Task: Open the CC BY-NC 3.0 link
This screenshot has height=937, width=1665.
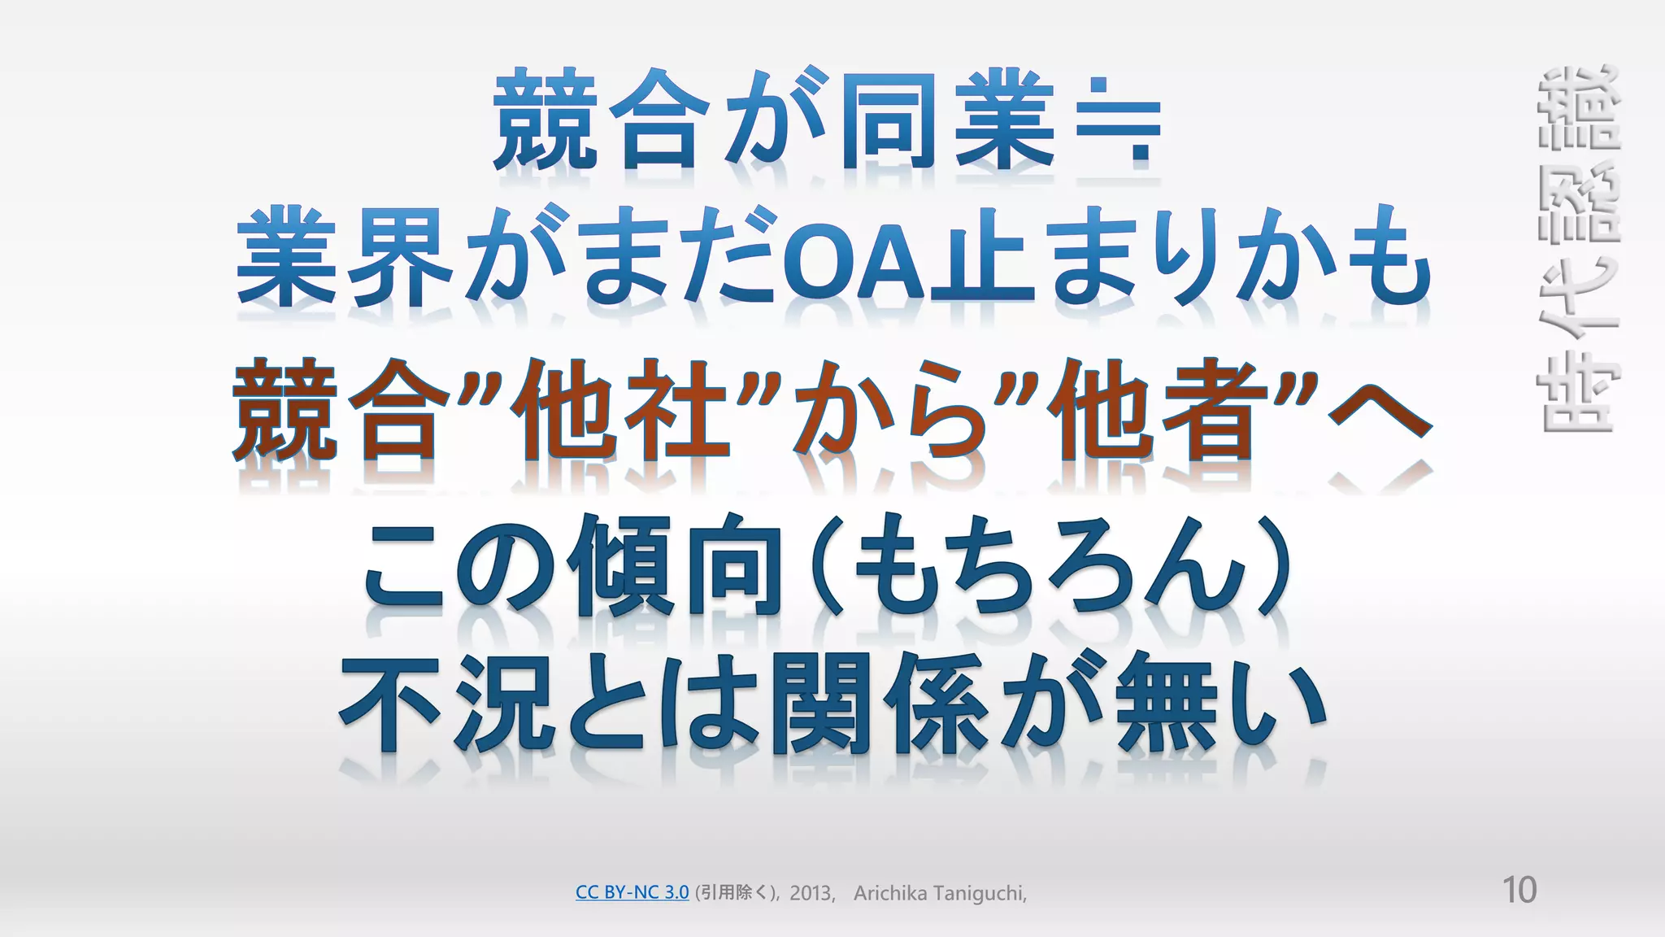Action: (632, 892)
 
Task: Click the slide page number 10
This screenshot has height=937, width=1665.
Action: (1519, 891)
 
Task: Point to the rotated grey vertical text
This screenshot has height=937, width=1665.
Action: (1578, 248)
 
